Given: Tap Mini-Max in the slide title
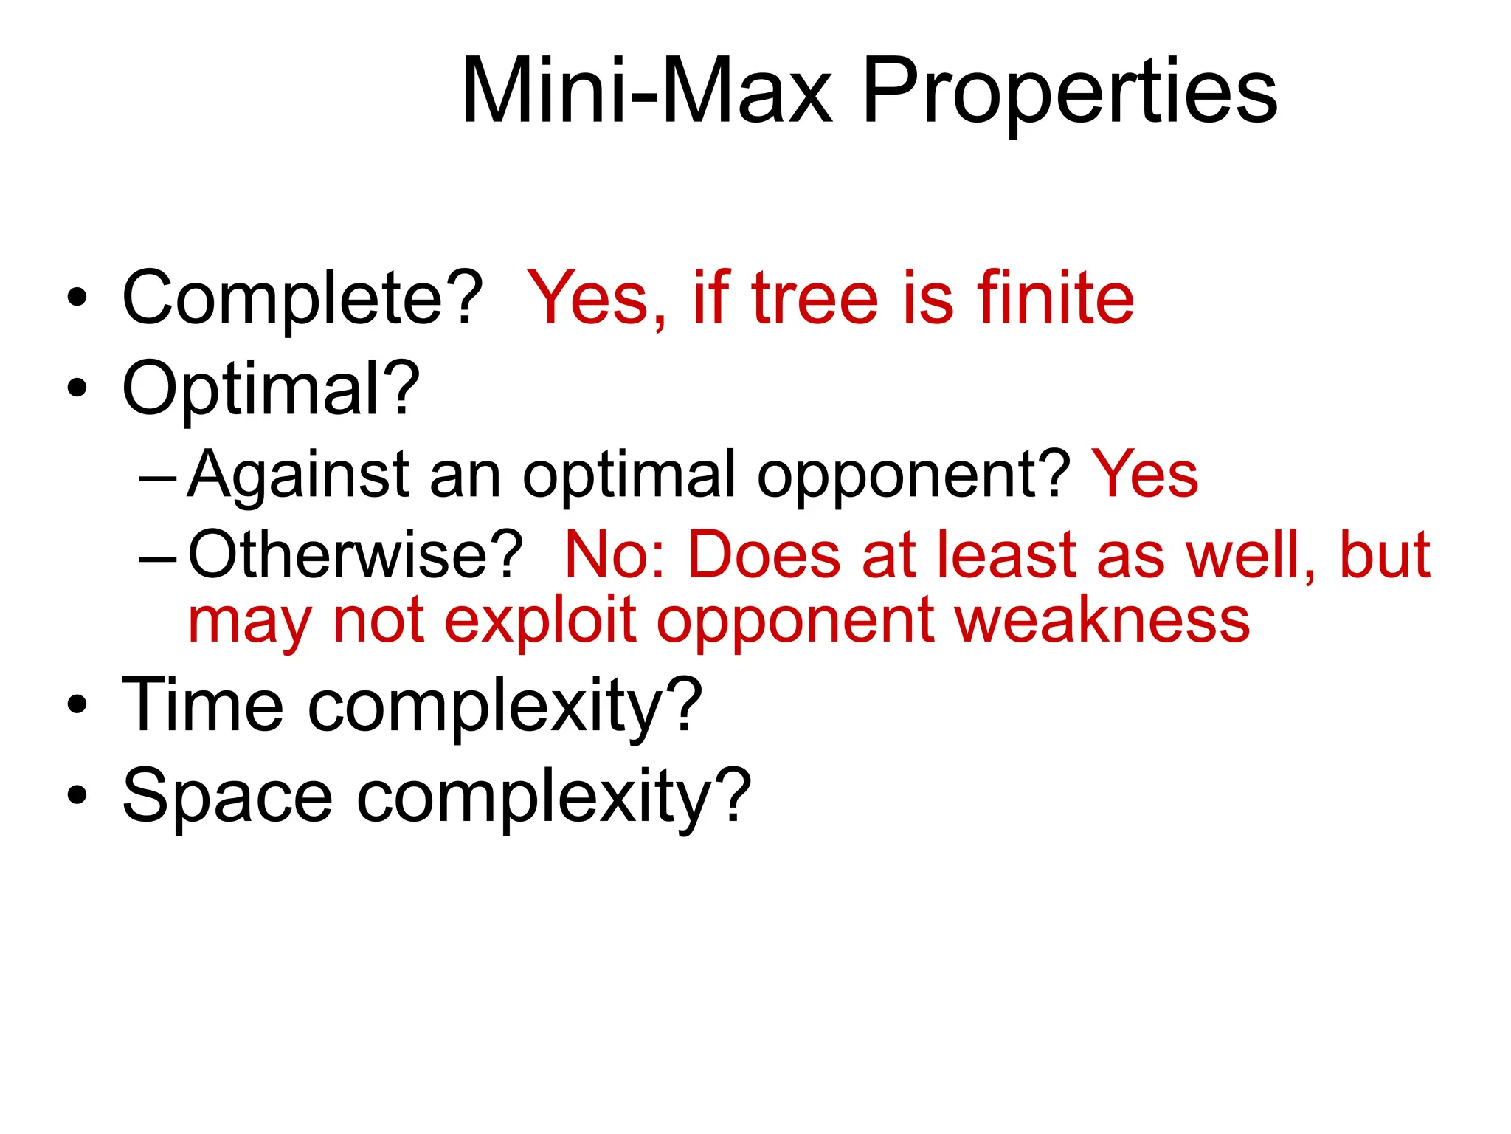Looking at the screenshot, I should pos(646,92).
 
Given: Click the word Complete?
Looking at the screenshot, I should pos(302,298).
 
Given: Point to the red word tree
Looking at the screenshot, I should pos(815,298).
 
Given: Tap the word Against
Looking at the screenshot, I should pos(298,475).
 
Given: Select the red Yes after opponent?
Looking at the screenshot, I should pos(1144,474).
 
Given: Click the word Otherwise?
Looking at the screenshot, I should pos(355,554).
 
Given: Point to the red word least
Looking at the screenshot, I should pos(1007,554).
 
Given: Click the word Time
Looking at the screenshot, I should pos(202,706).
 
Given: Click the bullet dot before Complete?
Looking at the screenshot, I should pos(77,298).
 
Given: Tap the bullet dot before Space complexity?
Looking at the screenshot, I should pos(77,796).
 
